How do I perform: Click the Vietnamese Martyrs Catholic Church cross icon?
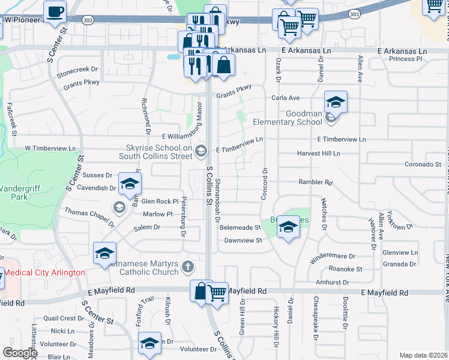[x=188, y=266]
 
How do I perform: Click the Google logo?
[x=20, y=352]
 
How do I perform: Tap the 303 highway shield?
[x=355, y=14]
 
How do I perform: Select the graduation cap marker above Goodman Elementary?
[x=336, y=102]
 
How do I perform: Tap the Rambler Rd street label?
[x=316, y=182]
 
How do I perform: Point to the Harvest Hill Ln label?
[x=318, y=154]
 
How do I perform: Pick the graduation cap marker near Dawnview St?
[x=288, y=227]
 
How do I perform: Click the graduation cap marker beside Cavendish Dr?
[x=129, y=184]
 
